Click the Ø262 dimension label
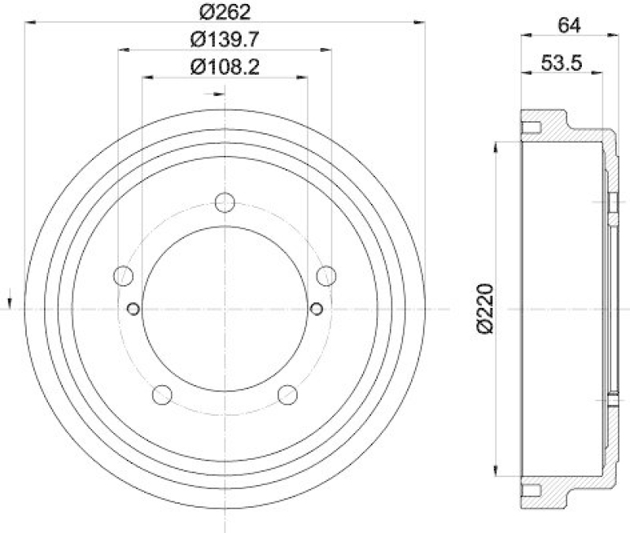click(x=224, y=11)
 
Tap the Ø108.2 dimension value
click(x=224, y=67)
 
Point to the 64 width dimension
click(x=569, y=24)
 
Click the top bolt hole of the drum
click(x=225, y=202)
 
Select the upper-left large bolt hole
click(x=124, y=276)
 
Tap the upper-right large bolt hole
click(x=326, y=276)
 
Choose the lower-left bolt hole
click(x=162, y=394)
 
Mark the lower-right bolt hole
click(x=287, y=394)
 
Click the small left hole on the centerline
click(x=133, y=308)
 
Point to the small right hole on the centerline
click(x=317, y=308)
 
